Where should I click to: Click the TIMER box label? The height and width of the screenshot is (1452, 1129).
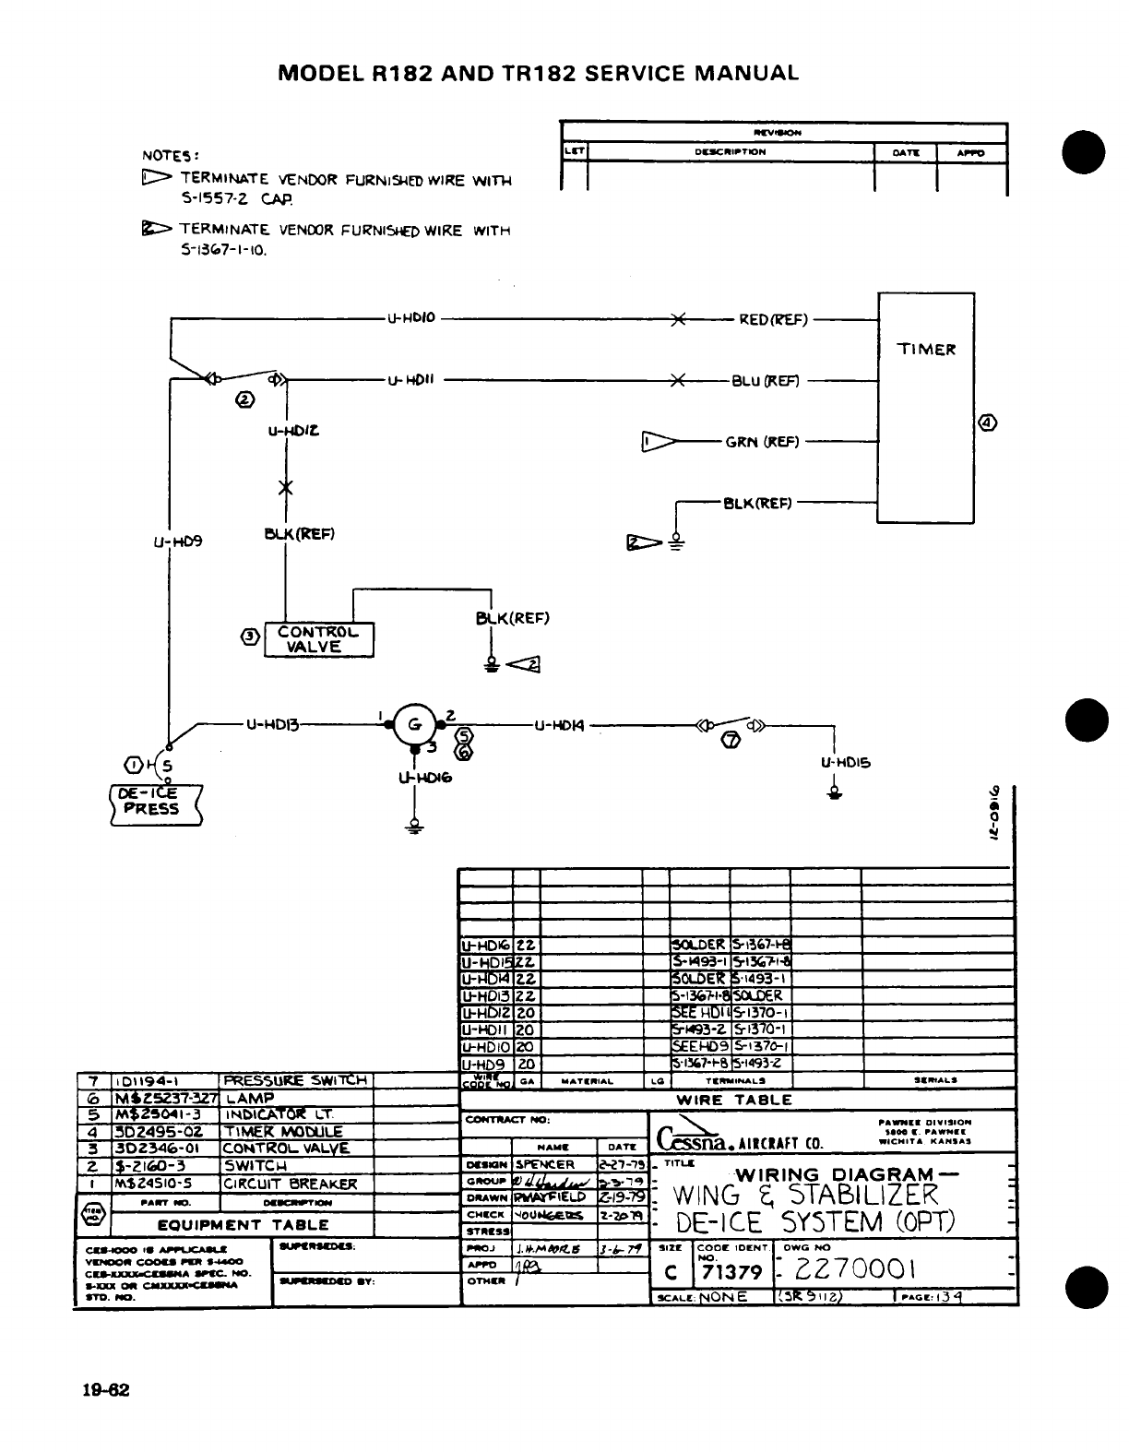[926, 349]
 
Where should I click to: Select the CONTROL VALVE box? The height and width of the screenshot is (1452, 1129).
[318, 639]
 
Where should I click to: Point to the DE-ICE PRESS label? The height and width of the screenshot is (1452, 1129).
[154, 802]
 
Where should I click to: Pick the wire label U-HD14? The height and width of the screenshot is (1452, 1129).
[560, 725]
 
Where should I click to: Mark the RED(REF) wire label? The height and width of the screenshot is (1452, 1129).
[773, 320]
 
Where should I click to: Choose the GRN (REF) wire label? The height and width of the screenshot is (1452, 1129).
[762, 441]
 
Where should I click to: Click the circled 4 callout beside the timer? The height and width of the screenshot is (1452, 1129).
[988, 423]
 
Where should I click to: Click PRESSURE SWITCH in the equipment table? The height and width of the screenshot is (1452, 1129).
[295, 1080]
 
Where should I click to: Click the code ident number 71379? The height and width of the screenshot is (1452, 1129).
[731, 1273]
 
